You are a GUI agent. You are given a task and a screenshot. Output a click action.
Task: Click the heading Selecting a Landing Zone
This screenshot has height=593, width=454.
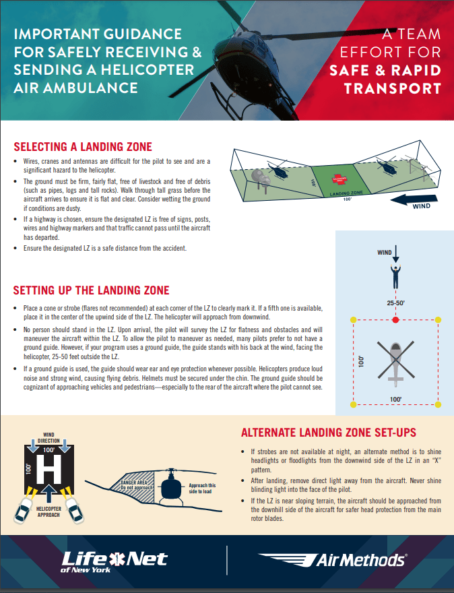pyautogui.click(x=83, y=147)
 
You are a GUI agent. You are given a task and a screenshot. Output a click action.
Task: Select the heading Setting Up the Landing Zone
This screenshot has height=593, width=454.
pyautogui.click(x=91, y=290)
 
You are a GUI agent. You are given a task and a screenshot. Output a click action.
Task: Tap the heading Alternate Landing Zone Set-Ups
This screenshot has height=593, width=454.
pyautogui.click(x=329, y=432)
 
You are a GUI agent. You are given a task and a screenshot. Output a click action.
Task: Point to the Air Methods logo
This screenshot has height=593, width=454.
pyautogui.click(x=332, y=559)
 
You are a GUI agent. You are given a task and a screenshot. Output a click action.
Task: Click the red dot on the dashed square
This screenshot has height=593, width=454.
pyautogui.click(x=395, y=319)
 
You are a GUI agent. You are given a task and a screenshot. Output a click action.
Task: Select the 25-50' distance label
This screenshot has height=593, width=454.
pyautogui.click(x=395, y=304)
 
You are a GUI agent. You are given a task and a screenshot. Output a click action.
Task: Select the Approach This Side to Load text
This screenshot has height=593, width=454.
pyautogui.click(x=202, y=489)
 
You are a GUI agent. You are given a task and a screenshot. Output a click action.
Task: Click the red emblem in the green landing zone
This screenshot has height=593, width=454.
pyautogui.click(x=336, y=180)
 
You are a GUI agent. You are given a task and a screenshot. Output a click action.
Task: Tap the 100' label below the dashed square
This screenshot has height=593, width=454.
pyautogui.click(x=395, y=400)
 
